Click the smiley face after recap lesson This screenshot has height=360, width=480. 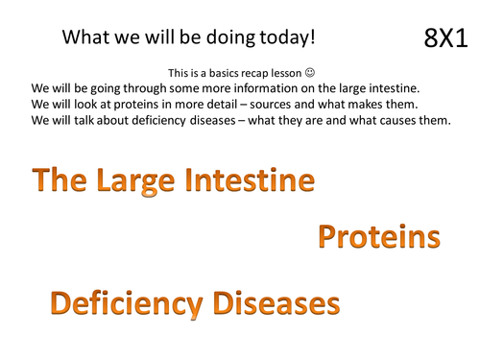click(x=308, y=73)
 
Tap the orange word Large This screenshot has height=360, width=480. click(x=140, y=181)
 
